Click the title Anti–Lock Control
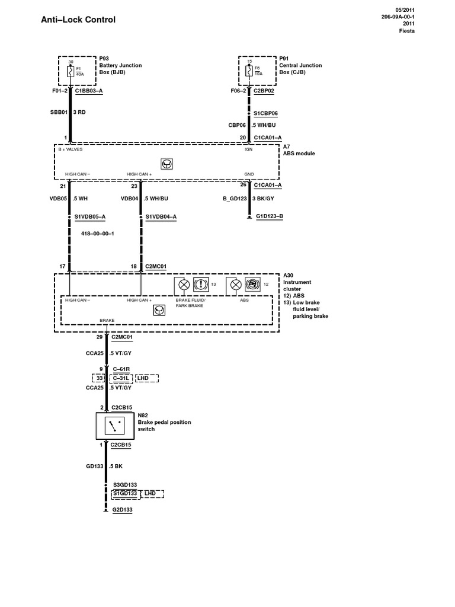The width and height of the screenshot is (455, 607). pyautogui.click(x=79, y=20)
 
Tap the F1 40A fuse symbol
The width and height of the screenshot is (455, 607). pyautogui.click(x=71, y=72)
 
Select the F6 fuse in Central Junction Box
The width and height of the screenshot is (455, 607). pyautogui.click(x=249, y=72)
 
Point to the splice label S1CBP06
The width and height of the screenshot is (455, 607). pyautogui.click(x=265, y=113)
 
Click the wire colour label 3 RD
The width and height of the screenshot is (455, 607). pyautogui.click(x=82, y=112)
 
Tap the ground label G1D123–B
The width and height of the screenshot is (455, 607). pyautogui.click(x=270, y=217)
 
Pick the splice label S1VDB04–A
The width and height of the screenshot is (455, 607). pyautogui.click(x=161, y=217)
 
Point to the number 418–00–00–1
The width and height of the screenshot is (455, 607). pyautogui.click(x=97, y=234)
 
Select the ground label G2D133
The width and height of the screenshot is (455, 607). pyautogui.click(x=123, y=510)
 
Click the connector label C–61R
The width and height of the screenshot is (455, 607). pyautogui.click(x=121, y=369)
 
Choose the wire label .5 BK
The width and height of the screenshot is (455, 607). pyautogui.click(x=116, y=467)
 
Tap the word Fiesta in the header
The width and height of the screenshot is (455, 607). pyautogui.click(x=406, y=31)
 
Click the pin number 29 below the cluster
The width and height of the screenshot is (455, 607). pyautogui.click(x=100, y=337)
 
